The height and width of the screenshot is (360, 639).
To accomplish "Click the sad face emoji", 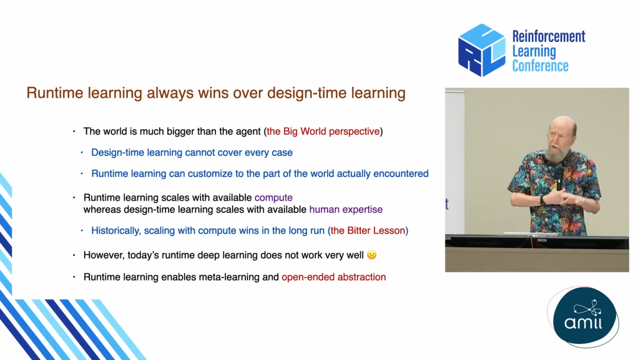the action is pos(372,255).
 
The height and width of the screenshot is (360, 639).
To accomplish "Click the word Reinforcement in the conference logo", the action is pos(548,36).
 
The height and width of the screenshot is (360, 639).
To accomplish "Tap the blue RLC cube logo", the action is pos(482,50).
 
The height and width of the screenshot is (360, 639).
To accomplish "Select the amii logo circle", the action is pos(585,316).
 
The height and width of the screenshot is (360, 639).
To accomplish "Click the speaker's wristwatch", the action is pos(543,200).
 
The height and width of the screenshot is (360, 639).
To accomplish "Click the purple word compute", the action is pos(273,198).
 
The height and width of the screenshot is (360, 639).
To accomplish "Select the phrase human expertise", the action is pos(346,210).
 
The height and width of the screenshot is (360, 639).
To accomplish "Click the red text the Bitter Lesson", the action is pos(368,231).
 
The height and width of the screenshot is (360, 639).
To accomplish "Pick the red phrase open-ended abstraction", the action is pos(334,277).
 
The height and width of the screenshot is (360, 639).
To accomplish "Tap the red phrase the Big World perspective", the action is pos(323,131).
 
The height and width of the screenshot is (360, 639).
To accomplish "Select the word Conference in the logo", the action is pos(540,66).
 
